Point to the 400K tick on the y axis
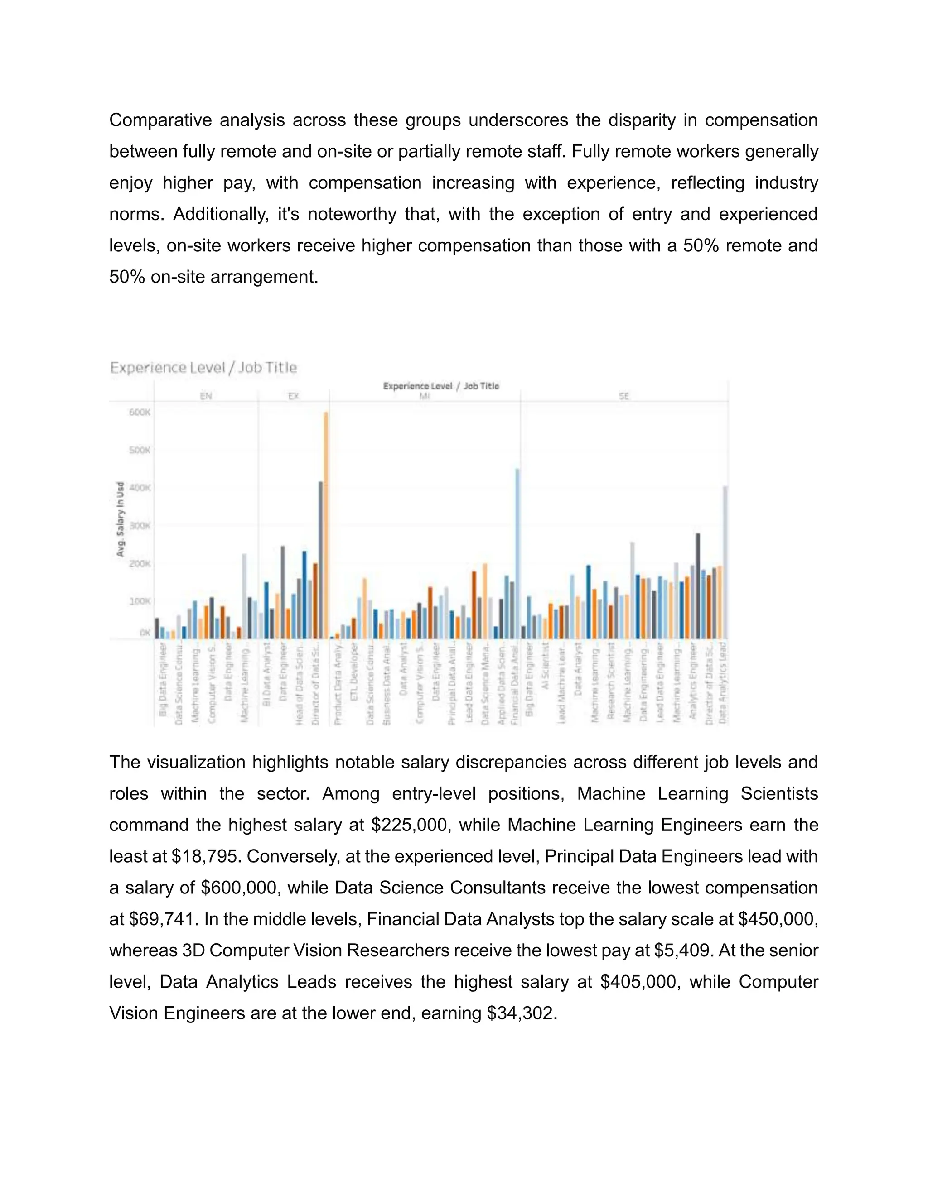[x=140, y=487]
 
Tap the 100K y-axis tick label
[x=140, y=601]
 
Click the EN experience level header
[x=206, y=396]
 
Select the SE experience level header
[x=623, y=396]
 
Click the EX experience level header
[x=294, y=396]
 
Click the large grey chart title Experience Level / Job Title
[x=203, y=368]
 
